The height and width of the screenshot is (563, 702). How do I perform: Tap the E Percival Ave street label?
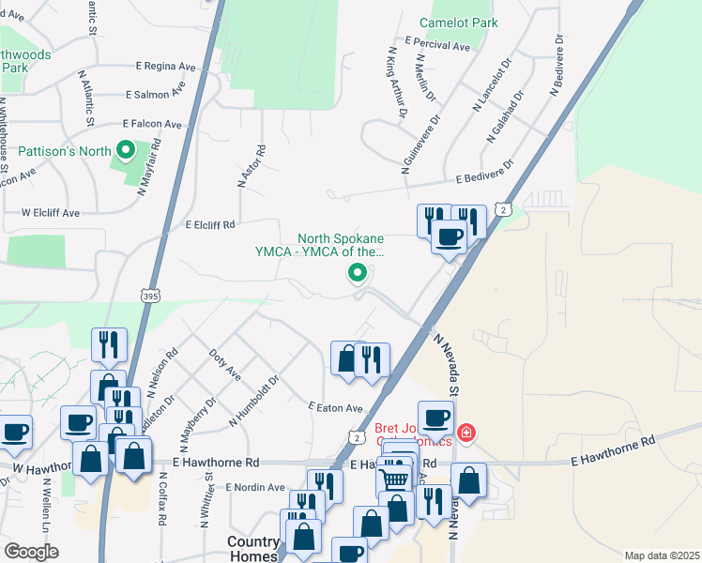(x=437, y=44)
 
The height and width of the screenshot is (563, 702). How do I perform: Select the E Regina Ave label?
(x=164, y=67)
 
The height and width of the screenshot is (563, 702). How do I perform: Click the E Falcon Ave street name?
(x=153, y=124)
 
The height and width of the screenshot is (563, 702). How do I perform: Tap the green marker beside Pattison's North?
(x=124, y=151)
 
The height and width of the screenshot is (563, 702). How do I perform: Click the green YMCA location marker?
(x=357, y=273)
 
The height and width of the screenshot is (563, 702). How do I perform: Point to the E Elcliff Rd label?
(x=210, y=225)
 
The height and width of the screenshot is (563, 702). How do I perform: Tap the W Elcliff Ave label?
(x=51, y=213)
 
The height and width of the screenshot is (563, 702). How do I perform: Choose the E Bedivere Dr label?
(x=484, y=174)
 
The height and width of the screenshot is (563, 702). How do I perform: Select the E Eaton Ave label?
(x=335, y=408)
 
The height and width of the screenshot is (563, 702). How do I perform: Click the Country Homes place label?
(x=253, y=548)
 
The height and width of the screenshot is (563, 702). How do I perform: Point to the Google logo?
(x=32, y=552)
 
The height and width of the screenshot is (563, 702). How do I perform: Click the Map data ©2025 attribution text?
(x=662, y=555)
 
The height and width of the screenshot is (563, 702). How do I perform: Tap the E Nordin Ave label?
(x=255, y=488)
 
